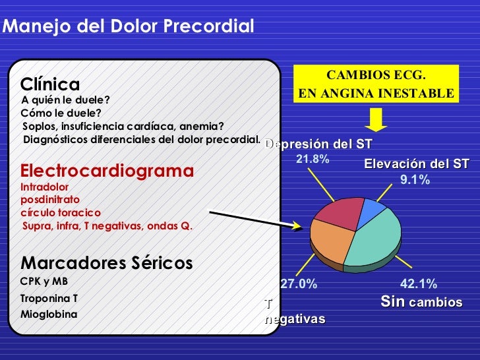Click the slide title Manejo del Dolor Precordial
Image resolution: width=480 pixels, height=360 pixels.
tap(129, 27)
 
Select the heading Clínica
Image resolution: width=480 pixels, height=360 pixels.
tap(50, 84)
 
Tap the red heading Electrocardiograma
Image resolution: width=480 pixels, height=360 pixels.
tap(107, 171)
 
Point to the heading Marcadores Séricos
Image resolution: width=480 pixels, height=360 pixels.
tap(107, 263)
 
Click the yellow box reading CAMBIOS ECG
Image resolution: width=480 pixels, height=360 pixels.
tap(376, 84)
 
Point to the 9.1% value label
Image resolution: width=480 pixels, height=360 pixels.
tap(415, 179)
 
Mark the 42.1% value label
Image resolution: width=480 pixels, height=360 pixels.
tap(418, 284)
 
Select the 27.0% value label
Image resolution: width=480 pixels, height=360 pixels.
tap(299, 284)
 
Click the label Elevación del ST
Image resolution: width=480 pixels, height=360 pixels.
tap(416, 164)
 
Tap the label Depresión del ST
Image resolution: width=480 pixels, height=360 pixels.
tap(318, 144)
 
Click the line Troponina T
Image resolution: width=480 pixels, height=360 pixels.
tap(49, 298)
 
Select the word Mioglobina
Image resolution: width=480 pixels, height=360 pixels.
tap(49, 314)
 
